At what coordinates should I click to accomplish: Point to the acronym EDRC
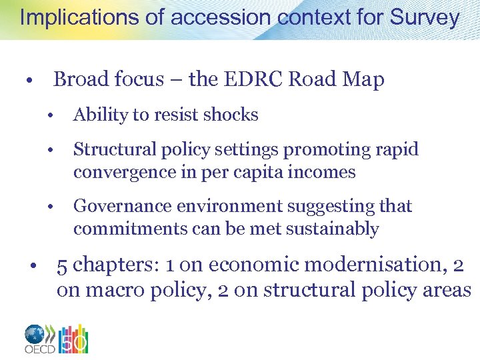[x=250, y=80]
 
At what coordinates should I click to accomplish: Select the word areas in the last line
[x=449, y=290]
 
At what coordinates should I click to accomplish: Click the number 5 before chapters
[x=62, y=265]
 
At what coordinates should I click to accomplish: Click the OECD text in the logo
[x=39, y=348]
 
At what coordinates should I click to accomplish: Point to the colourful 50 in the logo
[x=74, y=340]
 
